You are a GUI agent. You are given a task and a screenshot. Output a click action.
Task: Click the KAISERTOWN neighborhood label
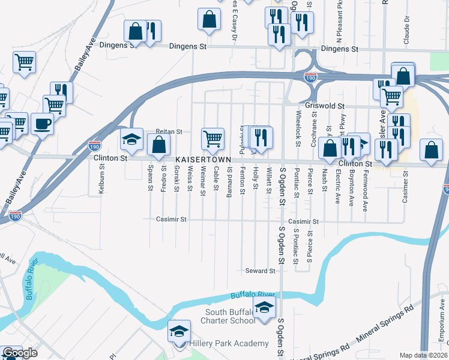pyautogui.click(x=202, y=160)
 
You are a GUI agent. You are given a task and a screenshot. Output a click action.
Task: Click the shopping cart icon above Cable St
pyautogui.click(x=212, y=139)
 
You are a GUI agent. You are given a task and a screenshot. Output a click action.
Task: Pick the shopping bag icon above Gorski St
pyautogui.click(x=158, y=145)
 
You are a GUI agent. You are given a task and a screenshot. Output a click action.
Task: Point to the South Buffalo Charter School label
pyautogui.click(x=231, y=316)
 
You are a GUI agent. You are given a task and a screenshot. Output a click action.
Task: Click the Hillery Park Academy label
pyautogui.click(x=229, y=343)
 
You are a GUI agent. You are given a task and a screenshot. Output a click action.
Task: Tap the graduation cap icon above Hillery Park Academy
pyautogui.click(x=179, y=331)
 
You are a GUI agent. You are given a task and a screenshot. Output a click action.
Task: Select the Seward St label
pyautogui.click(x=260, y=271)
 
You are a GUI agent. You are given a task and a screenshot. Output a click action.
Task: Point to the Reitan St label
pyautogui.click(x=169, y=131)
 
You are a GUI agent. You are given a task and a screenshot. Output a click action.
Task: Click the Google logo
pyautogui.click(x=20, y=353)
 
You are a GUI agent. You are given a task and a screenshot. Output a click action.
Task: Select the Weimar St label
pyautogui.click(x=203, y=180)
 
